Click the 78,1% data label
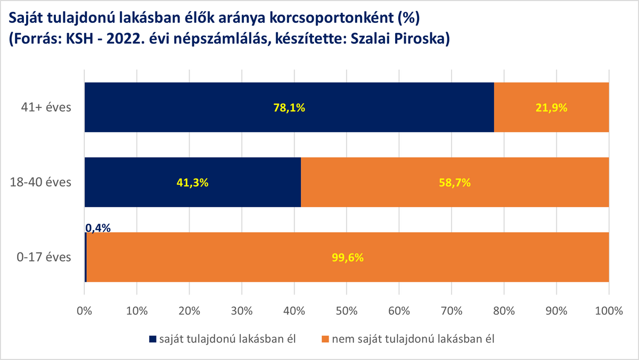(289, 108)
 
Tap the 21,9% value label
(552, 108)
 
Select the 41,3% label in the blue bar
(193, 183)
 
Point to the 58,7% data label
(455, 183)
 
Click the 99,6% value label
(348, 258)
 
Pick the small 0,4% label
(98, 228)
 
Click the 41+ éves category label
(46, 108)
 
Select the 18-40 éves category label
(40, 182)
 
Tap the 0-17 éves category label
(44, 257)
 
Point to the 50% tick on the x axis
(347, 311)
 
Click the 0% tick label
(85, 311)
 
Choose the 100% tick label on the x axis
(609, 311)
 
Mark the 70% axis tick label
(452, 311)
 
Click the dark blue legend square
(153, 339)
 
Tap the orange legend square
(325, 339)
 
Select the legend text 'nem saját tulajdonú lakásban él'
(413, 339)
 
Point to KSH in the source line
(79, 39)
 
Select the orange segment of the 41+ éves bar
(552, 107)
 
